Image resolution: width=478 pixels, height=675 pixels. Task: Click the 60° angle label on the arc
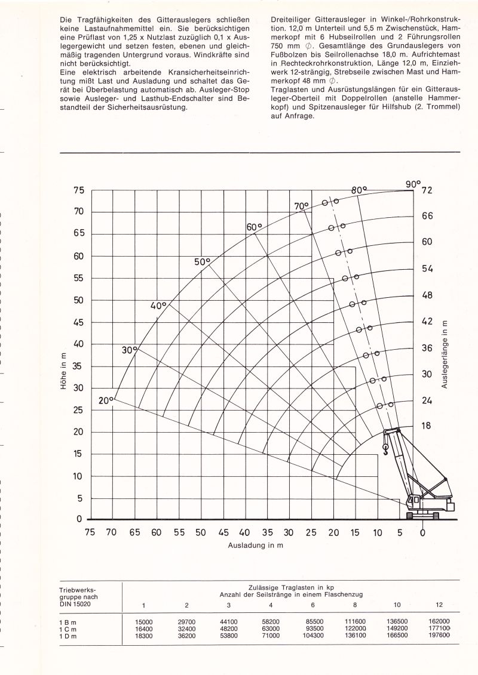254,227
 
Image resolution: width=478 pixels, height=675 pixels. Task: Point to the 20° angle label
106,400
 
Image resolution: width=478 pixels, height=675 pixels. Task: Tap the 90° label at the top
413,184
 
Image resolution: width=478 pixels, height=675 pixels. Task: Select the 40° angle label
158,306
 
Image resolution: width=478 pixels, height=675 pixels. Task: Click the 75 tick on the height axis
79,191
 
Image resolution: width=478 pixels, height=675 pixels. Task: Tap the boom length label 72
427,191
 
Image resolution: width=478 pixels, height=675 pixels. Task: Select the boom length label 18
427,426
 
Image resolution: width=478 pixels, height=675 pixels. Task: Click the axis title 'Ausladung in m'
255,545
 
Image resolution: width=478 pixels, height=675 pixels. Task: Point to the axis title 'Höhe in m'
64,372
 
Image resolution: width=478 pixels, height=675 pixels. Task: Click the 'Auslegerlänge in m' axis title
444,355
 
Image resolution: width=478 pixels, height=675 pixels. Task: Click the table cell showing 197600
439,636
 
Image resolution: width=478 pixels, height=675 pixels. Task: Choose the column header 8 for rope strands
355,605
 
